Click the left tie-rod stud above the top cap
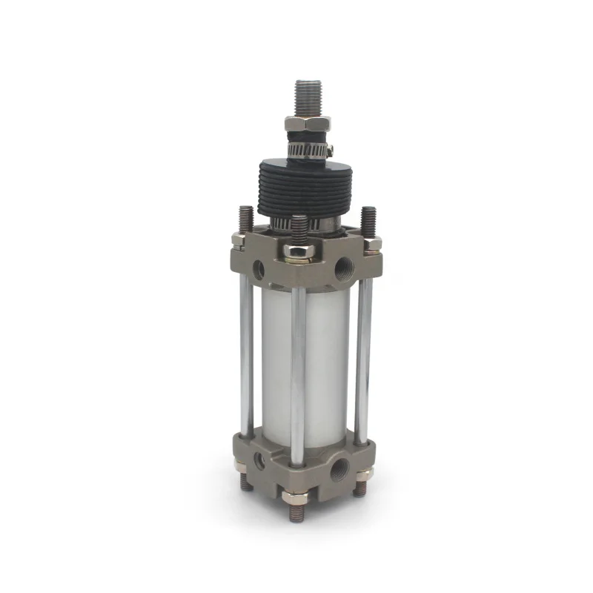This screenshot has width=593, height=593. (246, 219)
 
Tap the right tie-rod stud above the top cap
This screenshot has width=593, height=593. (368, 220)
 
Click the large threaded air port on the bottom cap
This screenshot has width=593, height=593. (341, 468)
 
